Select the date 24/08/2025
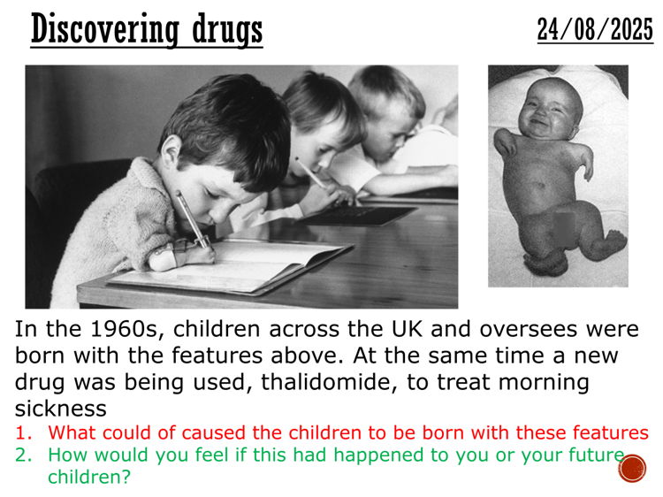(595, 29)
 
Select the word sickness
(60, 409)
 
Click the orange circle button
(632, 468)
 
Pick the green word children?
(87, 476)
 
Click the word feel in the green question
(205, 455)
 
